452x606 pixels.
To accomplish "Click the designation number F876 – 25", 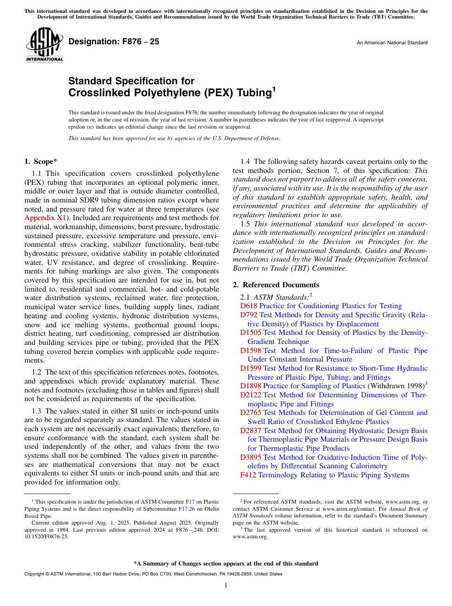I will pyautogui.click(x=114, y=42).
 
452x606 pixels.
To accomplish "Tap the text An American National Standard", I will pyautogui.click(x=392, y=43).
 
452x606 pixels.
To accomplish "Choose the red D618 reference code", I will pyautogui.click(x=249, y=306).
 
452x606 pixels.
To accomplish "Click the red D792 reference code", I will pyautogui.click(x=249, y=315).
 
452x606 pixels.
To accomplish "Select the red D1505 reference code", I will pyautogui.click(x=251, y=333).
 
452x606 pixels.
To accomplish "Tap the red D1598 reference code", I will pyautogui.click(x=251, y=351).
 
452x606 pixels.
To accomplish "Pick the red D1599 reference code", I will pyautogui.click(x=251, y=368).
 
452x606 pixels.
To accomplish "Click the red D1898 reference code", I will pyautogui.click(x=251, y=386).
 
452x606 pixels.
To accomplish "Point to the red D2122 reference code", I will pyautogui.click(x=251, y=395).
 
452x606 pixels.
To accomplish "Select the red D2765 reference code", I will pyautogui.click(x=251, y=413).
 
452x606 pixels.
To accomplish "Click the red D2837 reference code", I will pyautogui.click(x=251, y=430).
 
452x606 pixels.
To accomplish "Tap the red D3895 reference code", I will pyautogui.click(x=251, y=457).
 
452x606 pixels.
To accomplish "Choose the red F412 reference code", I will pyautogui.click(x=248, y=475).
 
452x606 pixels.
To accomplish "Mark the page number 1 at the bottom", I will pyautogui.click(x=226, y=586).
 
